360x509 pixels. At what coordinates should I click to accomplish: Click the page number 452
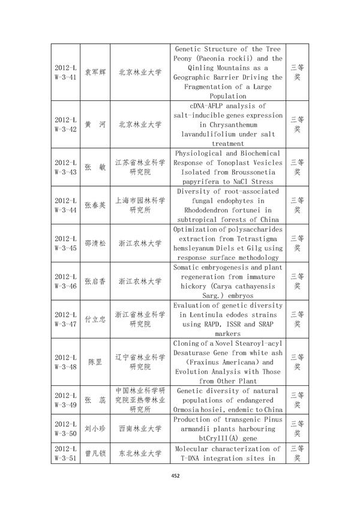pyautogui.click(x=175, y=477)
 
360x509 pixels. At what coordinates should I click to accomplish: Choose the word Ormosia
pyautogui.click(x=191, y=409)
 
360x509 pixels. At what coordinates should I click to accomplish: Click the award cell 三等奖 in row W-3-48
pyautogui.click(x=297, y=362)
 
